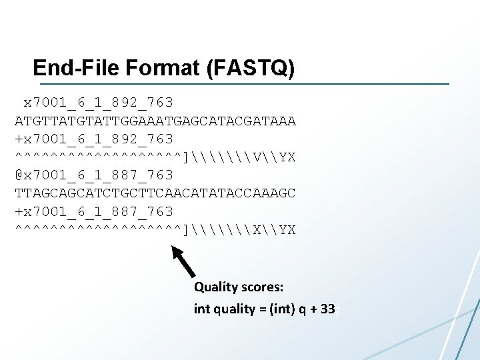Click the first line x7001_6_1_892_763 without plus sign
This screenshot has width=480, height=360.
(x=98, y=103)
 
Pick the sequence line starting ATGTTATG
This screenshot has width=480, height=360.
(x=155, y=121)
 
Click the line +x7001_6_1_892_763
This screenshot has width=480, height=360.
(x=94, y=139)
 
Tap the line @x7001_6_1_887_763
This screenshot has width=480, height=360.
(x=94, y=175)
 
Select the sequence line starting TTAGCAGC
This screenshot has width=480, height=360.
(x=155, y=193)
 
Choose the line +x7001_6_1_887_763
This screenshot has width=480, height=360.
(x=94, y=211)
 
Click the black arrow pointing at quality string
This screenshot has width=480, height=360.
(x=183, y=261)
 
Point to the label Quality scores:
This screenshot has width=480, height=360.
(x=239, y=287)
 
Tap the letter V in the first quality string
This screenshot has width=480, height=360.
(x=257, y=157)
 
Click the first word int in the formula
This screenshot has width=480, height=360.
(x=201, y=309)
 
